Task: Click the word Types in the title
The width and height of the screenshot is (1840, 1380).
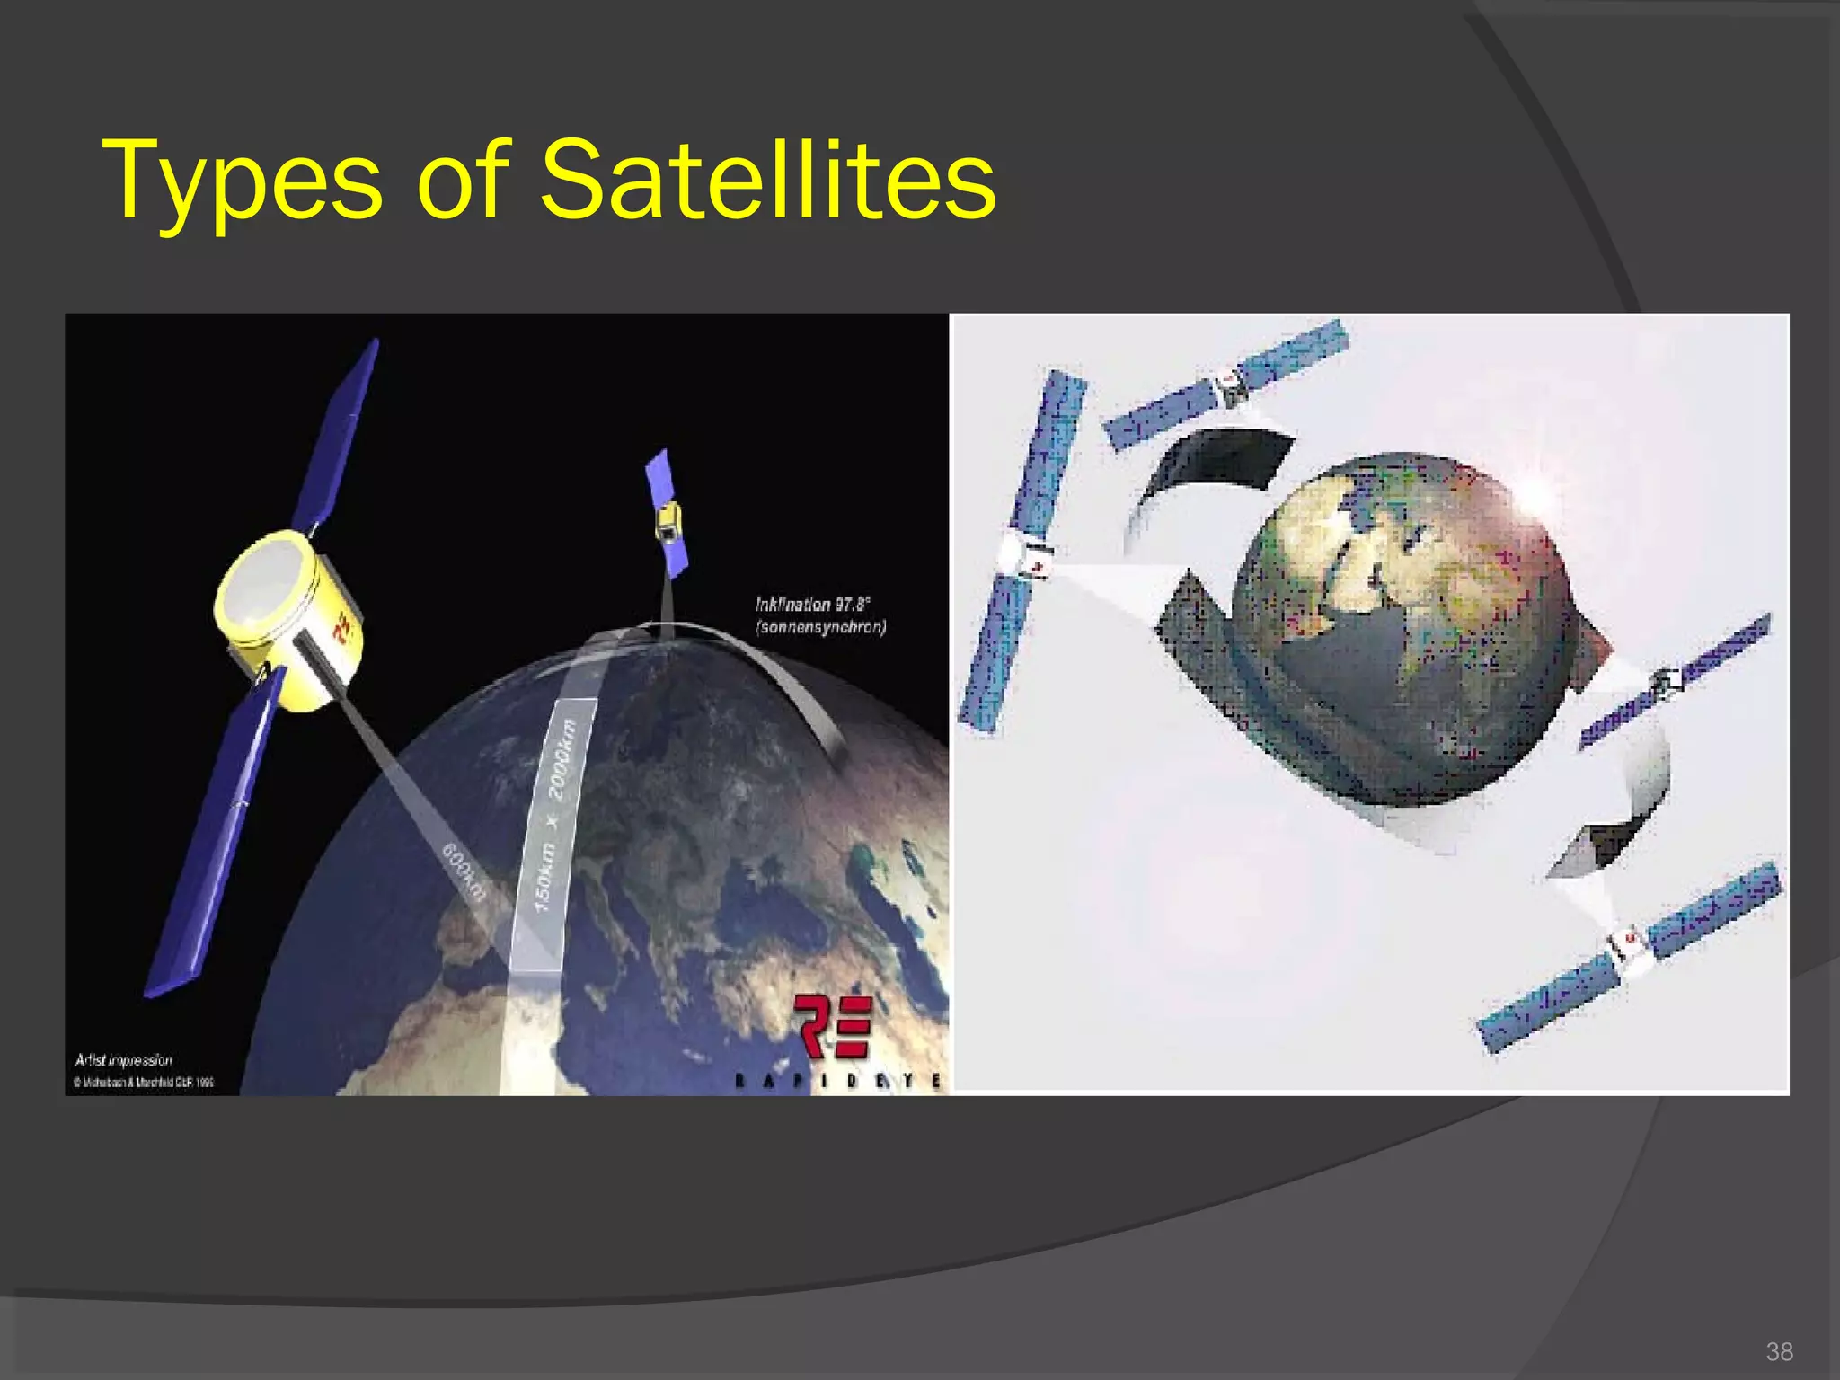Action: [x=243, y=180]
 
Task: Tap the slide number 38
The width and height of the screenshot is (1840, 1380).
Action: [x=1779, y=1351]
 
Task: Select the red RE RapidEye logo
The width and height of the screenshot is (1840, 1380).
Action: [x=832, y=1028]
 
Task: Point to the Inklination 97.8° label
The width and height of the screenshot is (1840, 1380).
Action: [x=812, y=605]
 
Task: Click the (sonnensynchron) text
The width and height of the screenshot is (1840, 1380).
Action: [x=821, y=627]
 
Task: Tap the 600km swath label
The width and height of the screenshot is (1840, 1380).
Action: [x=464, y=871]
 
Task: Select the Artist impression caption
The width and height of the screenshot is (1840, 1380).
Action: [x=124, y=1060]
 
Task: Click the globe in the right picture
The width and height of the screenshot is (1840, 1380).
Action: [x=1402, y=629]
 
